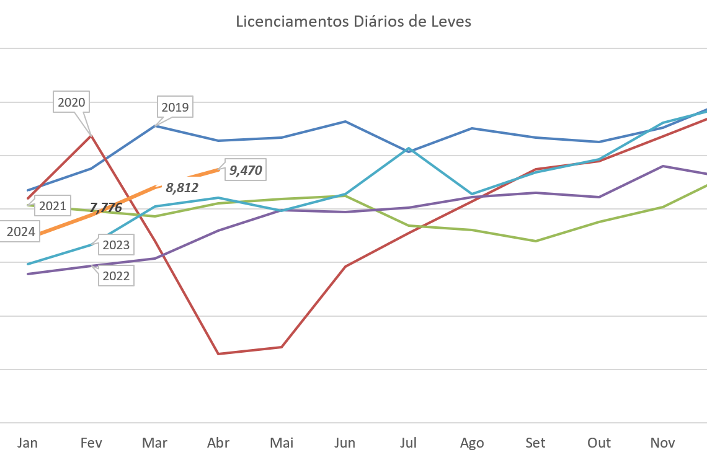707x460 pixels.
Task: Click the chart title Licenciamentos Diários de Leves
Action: (x=353, y=22)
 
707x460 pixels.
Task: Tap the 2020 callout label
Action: (x=71, y=102)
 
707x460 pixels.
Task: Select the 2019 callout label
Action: (x=175, y=107)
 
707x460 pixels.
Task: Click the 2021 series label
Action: (x=52, y=206)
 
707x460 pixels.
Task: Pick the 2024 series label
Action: (x=20, y=232)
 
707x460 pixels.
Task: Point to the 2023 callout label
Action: (x=116, y=245)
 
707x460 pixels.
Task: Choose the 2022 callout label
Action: (x=116, y=276)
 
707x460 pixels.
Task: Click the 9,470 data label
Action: (x=246, y=170)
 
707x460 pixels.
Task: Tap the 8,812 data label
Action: (x=183, y=187)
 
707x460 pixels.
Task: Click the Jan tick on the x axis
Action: (x=27, y=443)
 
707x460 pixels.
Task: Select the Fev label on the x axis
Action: (x=91, y=443)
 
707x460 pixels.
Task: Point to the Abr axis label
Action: (x=218, y=443)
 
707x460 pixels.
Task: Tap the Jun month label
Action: (x=345, y=443)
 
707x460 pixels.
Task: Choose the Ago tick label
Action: (x=472, y=443)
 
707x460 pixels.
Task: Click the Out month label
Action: (x=599, y=443)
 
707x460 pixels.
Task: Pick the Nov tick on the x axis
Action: (x=662, y=443)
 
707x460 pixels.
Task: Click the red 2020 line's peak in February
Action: (x=92, y=135)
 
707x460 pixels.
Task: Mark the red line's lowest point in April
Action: (x=218, y=353)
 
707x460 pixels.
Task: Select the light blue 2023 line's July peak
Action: (x=409, y=148)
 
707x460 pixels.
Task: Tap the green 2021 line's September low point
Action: (x=536, y=241)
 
